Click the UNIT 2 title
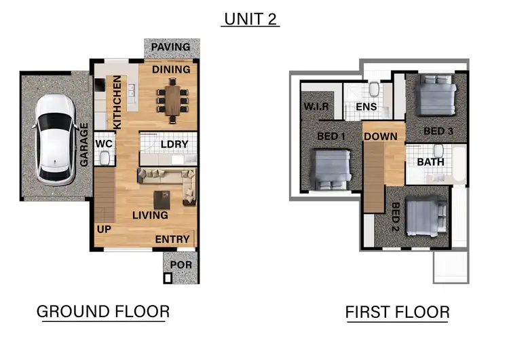click(x=250, y=19)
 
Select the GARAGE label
click(x=85, y=144)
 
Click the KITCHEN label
click(x=117, y=103)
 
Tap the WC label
click(x=104, y=144)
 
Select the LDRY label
click(x=174, y=145)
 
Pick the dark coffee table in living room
click(x=162, y=200)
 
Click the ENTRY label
click(x=172, y=239)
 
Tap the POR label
click(x=181, y=264)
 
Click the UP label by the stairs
click(x=103, y=229)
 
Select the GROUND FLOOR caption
click(x=102, y=312)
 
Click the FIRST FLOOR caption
click(x=397, y=312)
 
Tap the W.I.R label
click(x=316, y=107)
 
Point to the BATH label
click(x=430, y=162)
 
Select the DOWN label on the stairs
click(x=381, y=137)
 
